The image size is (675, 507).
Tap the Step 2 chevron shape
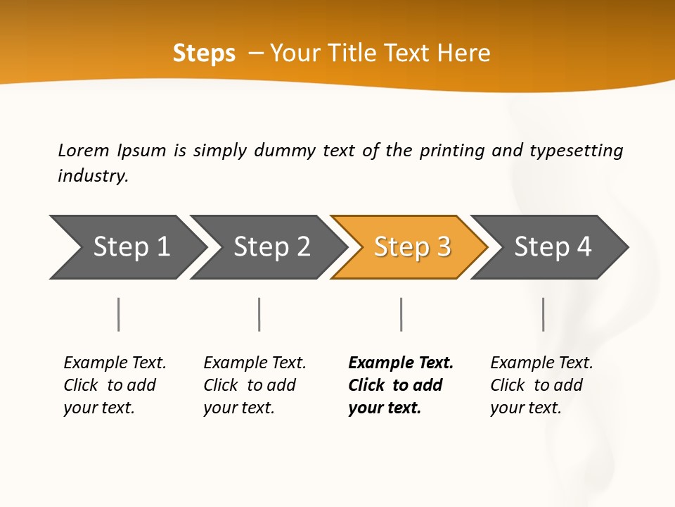tap(270, 247)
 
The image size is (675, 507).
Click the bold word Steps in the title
tap(204, 54)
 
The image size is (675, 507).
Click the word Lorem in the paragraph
tap(83, 150)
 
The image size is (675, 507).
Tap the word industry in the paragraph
tap(93, 175)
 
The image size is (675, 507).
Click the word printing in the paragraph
tap(451, 151)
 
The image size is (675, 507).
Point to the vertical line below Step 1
tap(119, 314)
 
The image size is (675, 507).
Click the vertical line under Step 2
tap(259, 314)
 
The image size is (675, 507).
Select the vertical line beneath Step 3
tap(401, 314)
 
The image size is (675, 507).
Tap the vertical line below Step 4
tap(543, 314)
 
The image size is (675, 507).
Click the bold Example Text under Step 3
tap(401, 363)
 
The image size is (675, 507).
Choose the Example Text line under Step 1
tap(115, 363)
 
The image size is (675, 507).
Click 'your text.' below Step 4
tap(525, 408)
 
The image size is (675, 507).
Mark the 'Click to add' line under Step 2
tap(250, 385)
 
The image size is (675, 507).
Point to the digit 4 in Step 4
tap(584, 247)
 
